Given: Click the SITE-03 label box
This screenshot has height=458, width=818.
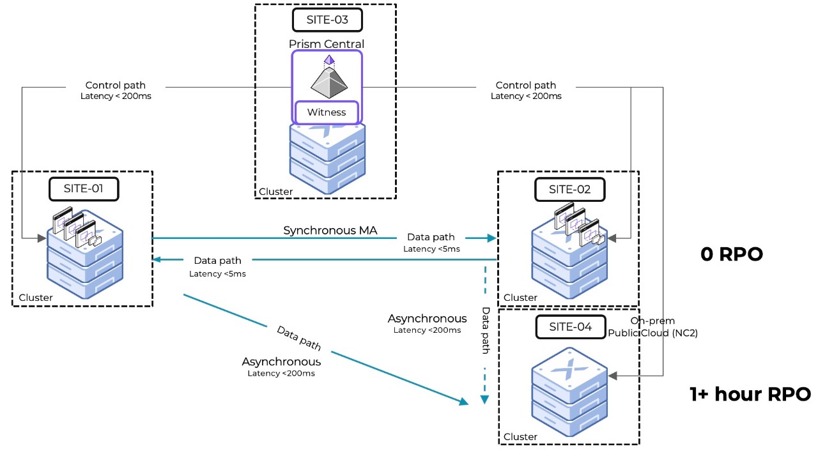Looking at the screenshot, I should pos(327,20).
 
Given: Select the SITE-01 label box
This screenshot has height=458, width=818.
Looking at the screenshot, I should pos(84,188).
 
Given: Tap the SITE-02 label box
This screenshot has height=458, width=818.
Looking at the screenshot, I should pos(569,189).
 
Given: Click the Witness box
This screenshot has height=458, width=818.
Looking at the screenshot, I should pos(327,112).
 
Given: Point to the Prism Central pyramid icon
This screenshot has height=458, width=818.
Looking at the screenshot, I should pos(327,79).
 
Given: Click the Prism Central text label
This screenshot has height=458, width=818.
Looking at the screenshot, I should pos(327,44).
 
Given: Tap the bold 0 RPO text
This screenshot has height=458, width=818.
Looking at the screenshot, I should pos(732,254).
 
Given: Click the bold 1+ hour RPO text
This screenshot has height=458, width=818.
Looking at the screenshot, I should pos(750,394).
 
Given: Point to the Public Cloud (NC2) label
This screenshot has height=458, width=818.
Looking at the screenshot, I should pos(652,333).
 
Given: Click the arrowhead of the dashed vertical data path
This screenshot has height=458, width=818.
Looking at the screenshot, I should pos(484,400).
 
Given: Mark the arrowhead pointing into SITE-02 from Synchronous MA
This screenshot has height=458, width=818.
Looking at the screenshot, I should pos(492,238).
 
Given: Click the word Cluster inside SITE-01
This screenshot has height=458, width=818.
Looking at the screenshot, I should pos(36,298).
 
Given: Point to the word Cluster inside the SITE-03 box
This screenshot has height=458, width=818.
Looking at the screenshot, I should pos(275,192).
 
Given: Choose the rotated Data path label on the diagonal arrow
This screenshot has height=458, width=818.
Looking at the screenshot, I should pos(298,338).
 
